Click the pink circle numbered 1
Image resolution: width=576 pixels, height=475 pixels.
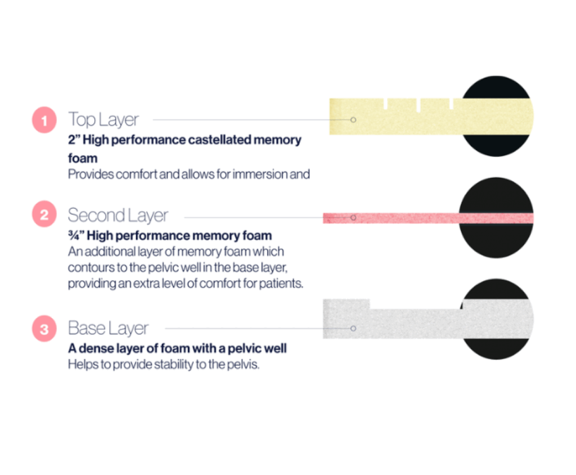[44, 120]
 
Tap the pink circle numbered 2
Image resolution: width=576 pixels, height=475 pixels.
[44, 214]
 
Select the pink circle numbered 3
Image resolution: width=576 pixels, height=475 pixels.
[44, 329]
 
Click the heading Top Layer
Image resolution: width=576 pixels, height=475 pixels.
[103, 120]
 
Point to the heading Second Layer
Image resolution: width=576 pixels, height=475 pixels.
[118, 215]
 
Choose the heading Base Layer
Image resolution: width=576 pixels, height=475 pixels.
[109, 328]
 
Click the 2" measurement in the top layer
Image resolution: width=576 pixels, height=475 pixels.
[74, 140]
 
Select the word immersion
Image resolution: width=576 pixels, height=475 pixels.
[260, 174]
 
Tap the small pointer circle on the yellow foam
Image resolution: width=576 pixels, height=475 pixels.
[353, 119]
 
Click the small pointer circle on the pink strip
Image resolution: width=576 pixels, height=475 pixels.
[353, 218]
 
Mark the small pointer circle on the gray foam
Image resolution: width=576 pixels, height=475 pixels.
[353, 328]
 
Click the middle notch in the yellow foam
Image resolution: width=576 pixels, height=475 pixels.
[418, 105]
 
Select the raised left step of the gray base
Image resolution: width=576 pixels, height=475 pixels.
[346, 304]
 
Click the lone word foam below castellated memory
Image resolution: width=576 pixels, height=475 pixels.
[83, 158]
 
